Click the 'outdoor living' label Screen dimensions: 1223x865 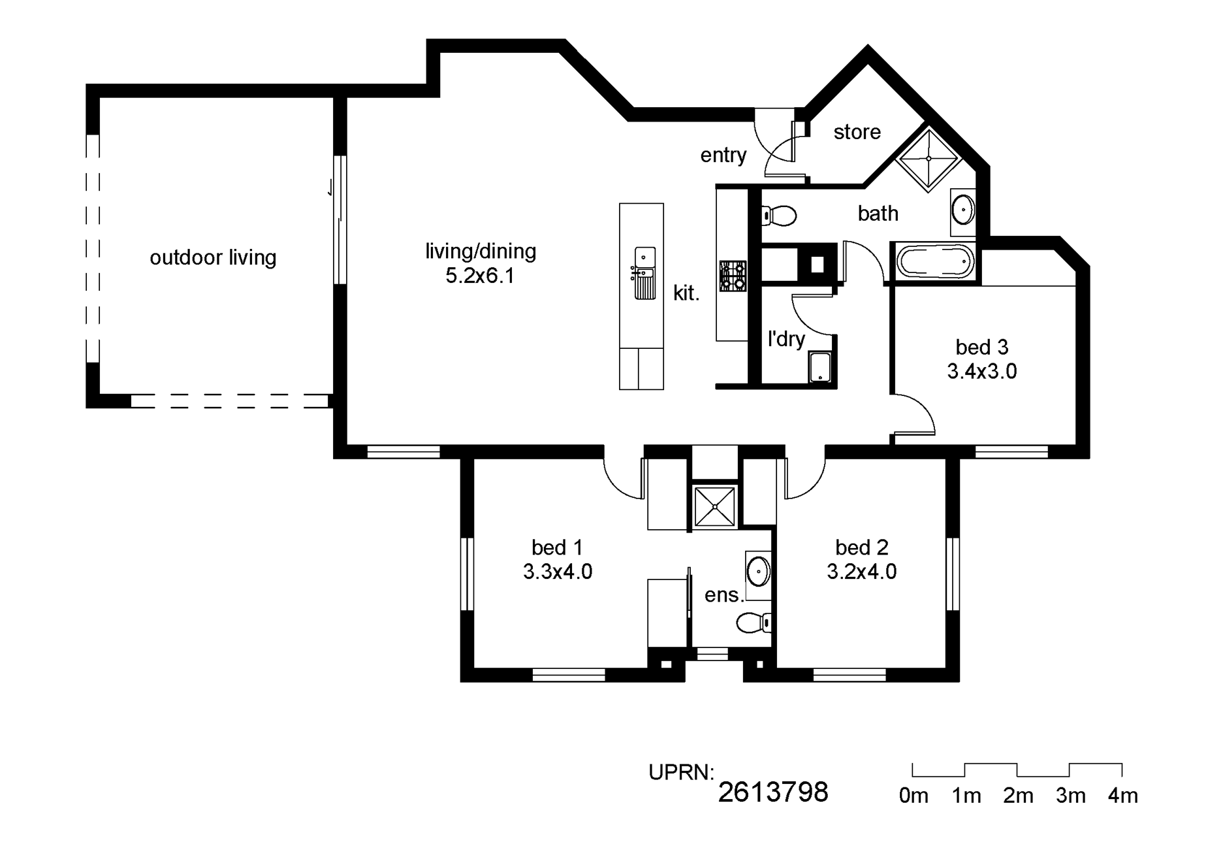click(x=213, y=257)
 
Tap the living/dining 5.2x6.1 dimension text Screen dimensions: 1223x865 click(x=480, y=276)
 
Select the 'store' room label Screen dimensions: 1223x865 click(x=857, y=132)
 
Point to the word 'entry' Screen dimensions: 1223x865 click(x=723, y=155)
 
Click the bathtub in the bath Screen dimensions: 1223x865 click(x=934, y=262)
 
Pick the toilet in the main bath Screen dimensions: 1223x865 click(x=778, y=215)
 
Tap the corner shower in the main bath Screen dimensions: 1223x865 click(x=929, y=159)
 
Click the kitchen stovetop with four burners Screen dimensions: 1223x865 click(x=733, y=276)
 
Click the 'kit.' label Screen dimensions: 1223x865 click(x=686, y=293)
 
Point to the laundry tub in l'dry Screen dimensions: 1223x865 click(x=820, y=367)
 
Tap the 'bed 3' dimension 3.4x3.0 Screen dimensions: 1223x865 click(x=981, y=372)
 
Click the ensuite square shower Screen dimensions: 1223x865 click(x=715, y=506)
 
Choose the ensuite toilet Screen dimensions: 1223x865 click(x=754, y=623)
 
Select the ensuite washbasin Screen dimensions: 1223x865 click(x=757, y=572)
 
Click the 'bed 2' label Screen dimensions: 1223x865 click(x=862, y=547)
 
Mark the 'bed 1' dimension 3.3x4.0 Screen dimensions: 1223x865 click(x=558, y=572)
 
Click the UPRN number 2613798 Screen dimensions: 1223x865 click(x=773, y=792)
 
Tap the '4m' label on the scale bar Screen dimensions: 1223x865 click(x=1122, y=796)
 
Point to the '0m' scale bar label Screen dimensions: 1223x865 click(x=913, y=796)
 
